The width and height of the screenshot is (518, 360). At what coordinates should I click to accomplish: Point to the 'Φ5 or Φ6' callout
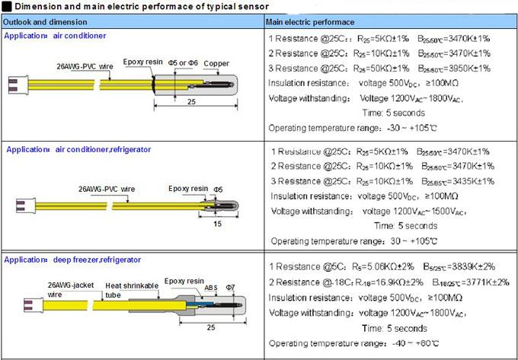pos(184,63)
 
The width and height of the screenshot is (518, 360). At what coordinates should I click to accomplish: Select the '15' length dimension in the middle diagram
pos(217,225)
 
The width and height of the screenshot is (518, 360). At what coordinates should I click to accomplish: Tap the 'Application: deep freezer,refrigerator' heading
pos(73,260)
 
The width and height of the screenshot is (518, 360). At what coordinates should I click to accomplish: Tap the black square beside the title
pos(6,7)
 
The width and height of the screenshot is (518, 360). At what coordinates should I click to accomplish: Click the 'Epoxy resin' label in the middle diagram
pos(187,187)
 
